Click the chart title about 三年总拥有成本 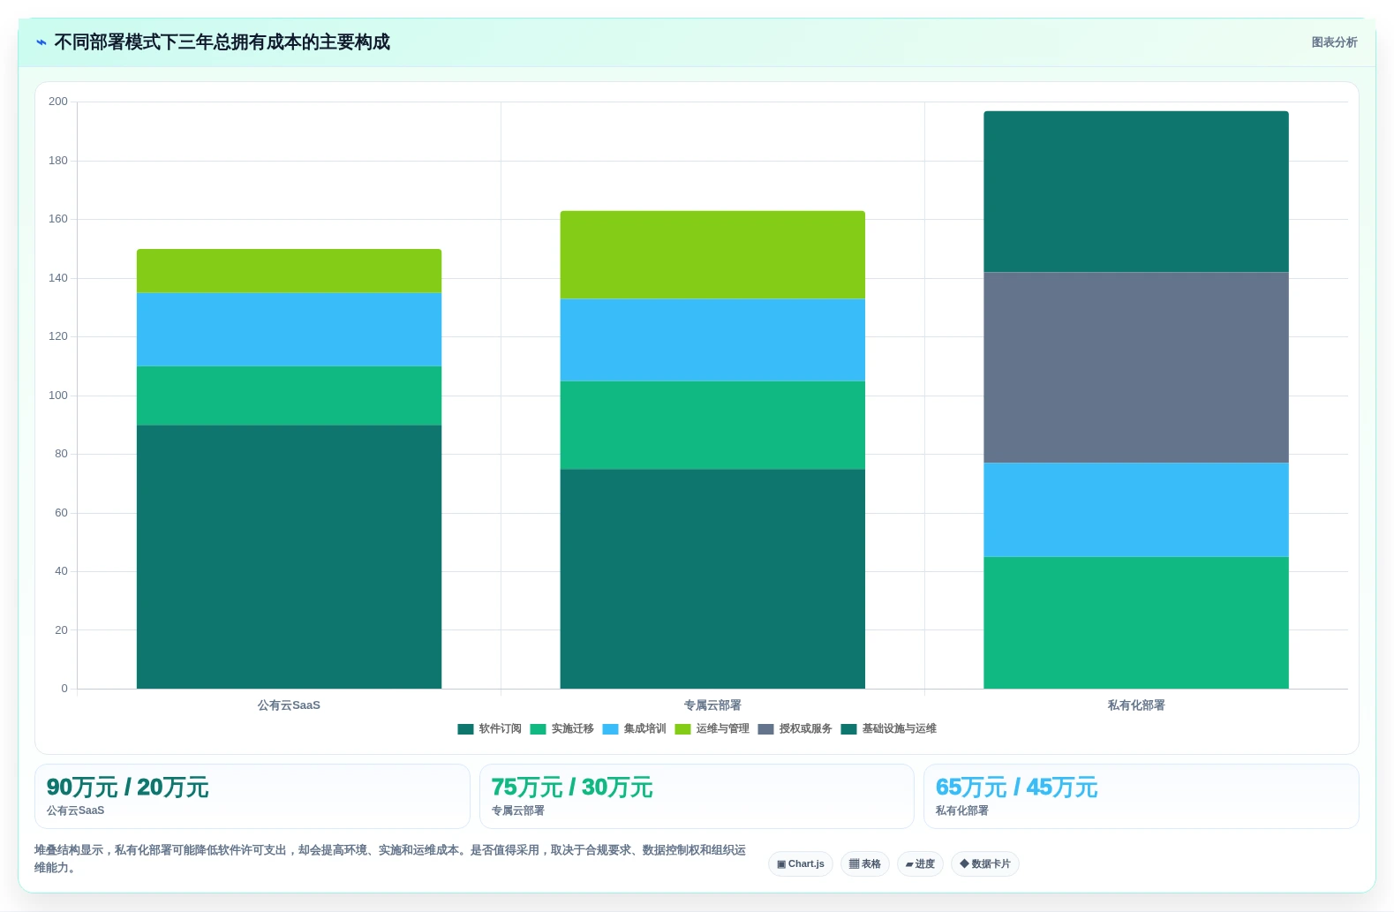point(222,42)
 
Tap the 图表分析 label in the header point(1334,42)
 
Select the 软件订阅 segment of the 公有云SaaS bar point(289,557)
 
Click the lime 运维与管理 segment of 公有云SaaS point(289,271)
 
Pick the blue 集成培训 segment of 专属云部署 point(712,340)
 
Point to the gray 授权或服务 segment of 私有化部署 point(1135,367)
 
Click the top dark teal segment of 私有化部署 point(1135,192)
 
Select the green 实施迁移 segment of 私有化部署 point(1135,622)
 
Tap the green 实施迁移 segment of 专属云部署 point(712,426)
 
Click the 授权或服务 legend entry point(795,729)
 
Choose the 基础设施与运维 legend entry point(889,729)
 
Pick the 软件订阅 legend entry point(489,729)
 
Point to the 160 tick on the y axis point(58,219)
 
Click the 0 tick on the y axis point(64,689)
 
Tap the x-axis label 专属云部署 point(712,705)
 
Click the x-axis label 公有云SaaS point(289,705)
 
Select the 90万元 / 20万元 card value point(128,788)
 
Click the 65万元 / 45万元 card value point(1016,788)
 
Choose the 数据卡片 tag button point(984,864)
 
